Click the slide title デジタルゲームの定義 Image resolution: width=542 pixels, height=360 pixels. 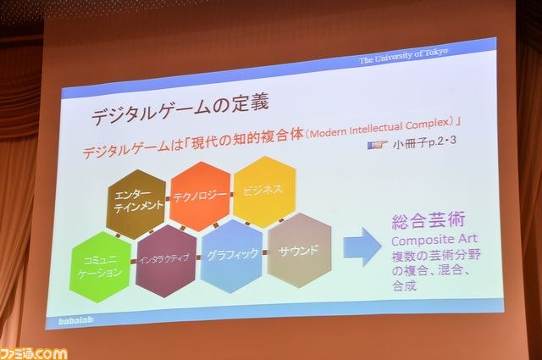click(180, 109)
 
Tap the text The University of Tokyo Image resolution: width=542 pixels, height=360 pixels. click(404, 56)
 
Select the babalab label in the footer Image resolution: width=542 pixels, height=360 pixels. click(75, 320)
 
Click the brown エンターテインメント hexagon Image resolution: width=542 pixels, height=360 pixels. click(136, 203)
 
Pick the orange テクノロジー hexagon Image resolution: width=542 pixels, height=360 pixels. click(200, 196)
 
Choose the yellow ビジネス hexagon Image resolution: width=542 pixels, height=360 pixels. click(264, 191)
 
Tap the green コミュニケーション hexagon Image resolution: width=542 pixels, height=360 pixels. click(100, 267)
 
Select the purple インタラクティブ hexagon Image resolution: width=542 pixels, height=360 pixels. click(166, 260)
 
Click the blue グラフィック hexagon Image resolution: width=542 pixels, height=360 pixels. click(231, 256)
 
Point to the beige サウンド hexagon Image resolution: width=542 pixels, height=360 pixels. click(299, 251)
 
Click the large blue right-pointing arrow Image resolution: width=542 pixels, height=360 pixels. click(362, 246)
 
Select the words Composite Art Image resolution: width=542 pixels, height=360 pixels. click(434, 240)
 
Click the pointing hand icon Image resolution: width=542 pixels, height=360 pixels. click(377, 145)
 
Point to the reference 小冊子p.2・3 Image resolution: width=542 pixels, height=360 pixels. click(424, 141)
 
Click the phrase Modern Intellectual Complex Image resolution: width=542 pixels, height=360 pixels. click(382, 128)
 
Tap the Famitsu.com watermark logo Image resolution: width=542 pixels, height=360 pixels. click(34, 353)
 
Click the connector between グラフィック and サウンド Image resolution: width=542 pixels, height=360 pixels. click(265, 252)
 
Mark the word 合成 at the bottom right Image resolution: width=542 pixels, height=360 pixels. click(404, 285)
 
